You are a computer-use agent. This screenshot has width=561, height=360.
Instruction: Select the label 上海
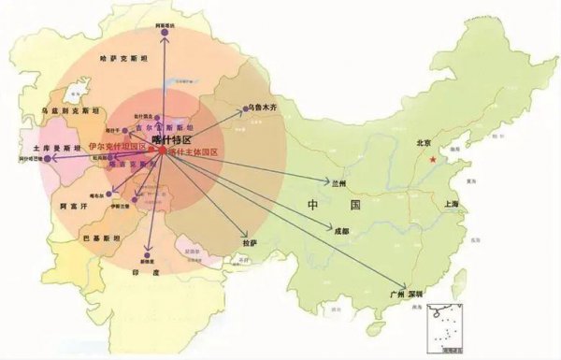click(x=457, y=203)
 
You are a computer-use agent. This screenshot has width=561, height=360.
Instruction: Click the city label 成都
click(x=340, y=229)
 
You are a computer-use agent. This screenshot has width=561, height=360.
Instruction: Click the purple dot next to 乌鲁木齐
click(x=246, y=109)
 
